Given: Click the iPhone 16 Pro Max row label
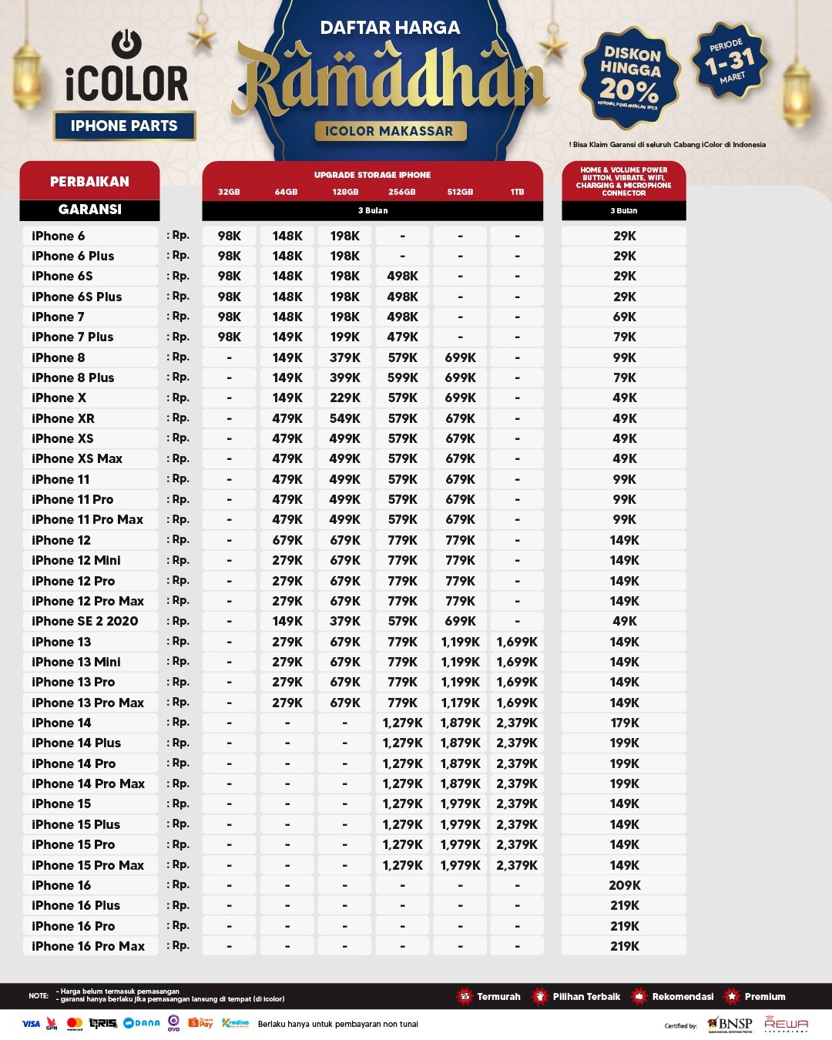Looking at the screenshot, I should click(x=88, y=946).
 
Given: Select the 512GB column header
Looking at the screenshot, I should click(x=460, y=192).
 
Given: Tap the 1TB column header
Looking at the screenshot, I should click(x=517, y=192).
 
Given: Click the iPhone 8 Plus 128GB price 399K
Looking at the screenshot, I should click(x=344, y=377).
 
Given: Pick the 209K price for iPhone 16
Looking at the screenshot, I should click(x=624, y=885).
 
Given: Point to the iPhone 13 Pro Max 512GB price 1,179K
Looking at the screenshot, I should click(x=460, y=703).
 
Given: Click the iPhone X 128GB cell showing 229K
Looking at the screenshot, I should click(x=344, y=398).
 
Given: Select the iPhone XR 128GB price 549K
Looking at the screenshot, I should click(x=344, y=418).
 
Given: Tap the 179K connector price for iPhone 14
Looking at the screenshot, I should click(x=624, y=723).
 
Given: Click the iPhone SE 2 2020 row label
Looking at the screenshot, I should click(x=85, y=621).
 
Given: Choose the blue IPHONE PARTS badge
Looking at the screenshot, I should click(x=124, y=126).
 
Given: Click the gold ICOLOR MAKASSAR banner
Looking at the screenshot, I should click(x=389, y=131).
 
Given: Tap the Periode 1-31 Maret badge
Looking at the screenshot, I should click(x=730, y=61).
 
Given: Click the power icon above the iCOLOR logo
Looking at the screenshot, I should click(x=126, y=44).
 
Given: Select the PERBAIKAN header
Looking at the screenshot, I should click(x=89, y=181).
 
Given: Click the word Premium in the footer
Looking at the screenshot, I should click(x=765, y=996).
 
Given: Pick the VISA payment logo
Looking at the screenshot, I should click(x=31, y=1024).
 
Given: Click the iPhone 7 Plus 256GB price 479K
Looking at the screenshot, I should click(x=402, y=337).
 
